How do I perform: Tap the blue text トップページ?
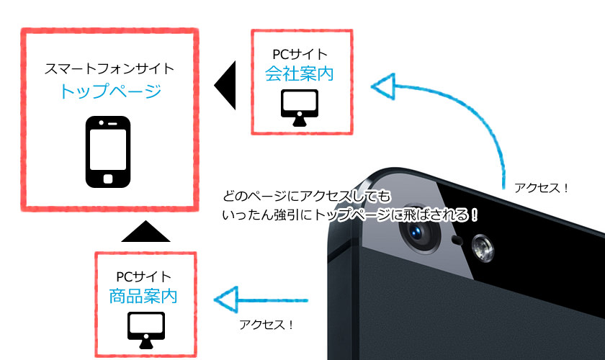coord(109,91)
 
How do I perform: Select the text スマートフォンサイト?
coord(109,70)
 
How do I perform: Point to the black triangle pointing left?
coord(226,85)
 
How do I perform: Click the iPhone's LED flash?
coord(481,251)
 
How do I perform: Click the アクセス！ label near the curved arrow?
coord(542,189)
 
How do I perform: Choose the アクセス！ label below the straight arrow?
coord(266,325)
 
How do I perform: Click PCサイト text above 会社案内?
coord(302,53)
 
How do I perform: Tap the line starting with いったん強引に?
coord(351,215)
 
